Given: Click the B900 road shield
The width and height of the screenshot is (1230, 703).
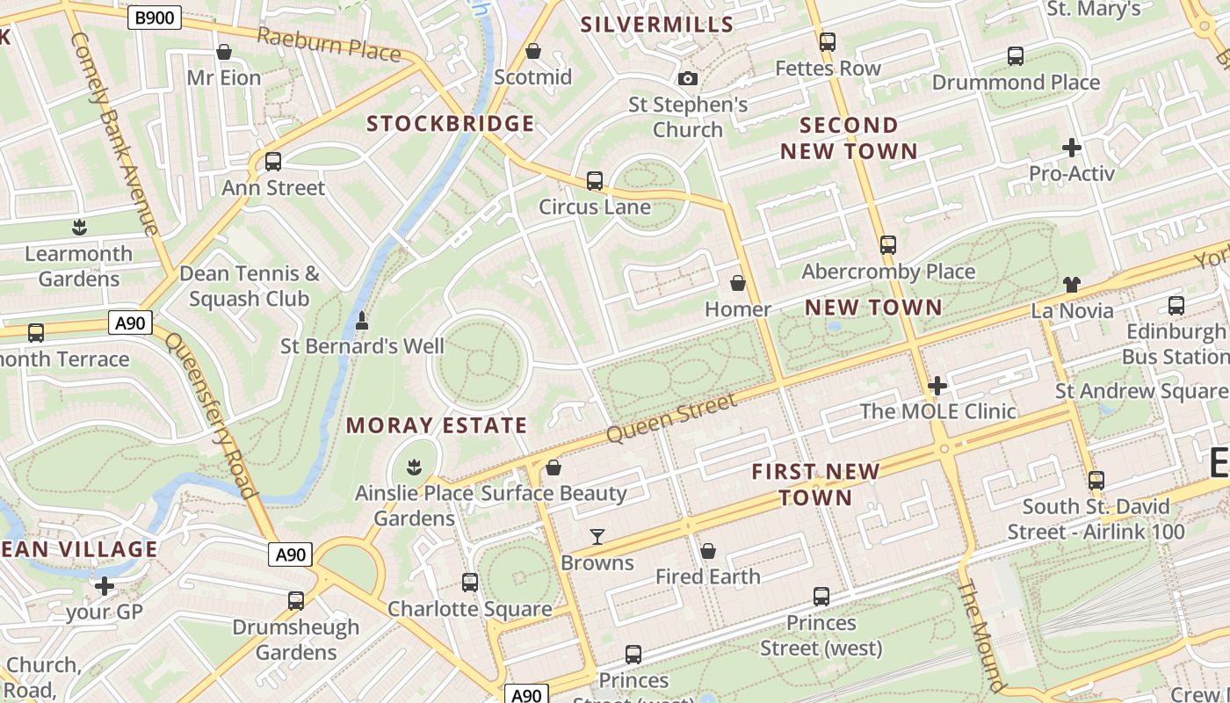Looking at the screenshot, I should [155, 18].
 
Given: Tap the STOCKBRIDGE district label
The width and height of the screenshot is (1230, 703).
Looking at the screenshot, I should [450, 124].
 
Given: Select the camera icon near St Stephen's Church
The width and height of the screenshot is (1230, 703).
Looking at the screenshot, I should [688, 79].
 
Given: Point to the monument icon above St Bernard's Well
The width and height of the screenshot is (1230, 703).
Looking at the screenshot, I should [361, 322].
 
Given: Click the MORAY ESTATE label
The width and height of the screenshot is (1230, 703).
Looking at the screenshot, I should [437, 426].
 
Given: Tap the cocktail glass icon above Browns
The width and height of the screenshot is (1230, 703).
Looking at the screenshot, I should [597, 536].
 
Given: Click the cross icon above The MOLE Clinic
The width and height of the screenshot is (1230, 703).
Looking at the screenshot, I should [937, 386].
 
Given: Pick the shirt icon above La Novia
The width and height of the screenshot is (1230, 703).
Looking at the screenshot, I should [1071, 285].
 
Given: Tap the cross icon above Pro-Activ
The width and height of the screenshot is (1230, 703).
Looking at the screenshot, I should [1071, 148].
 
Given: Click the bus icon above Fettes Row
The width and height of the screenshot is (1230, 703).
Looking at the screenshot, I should [827, 42].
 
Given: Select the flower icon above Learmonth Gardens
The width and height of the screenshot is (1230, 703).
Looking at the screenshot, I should [79, 228].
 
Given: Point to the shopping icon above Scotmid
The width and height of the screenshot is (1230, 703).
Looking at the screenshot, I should [532, 52].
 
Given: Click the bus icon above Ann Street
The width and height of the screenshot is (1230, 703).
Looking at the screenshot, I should [272, 162].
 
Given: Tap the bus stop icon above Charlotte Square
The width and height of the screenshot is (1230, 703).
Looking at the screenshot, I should [470, 582].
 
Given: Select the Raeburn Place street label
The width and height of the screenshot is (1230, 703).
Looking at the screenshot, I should [329, 44].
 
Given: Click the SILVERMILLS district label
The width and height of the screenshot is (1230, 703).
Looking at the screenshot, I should [656, 25].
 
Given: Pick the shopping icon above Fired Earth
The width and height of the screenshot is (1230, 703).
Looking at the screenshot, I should [707, 551].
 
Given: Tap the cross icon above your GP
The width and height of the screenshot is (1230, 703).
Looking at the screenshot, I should [105, 586].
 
